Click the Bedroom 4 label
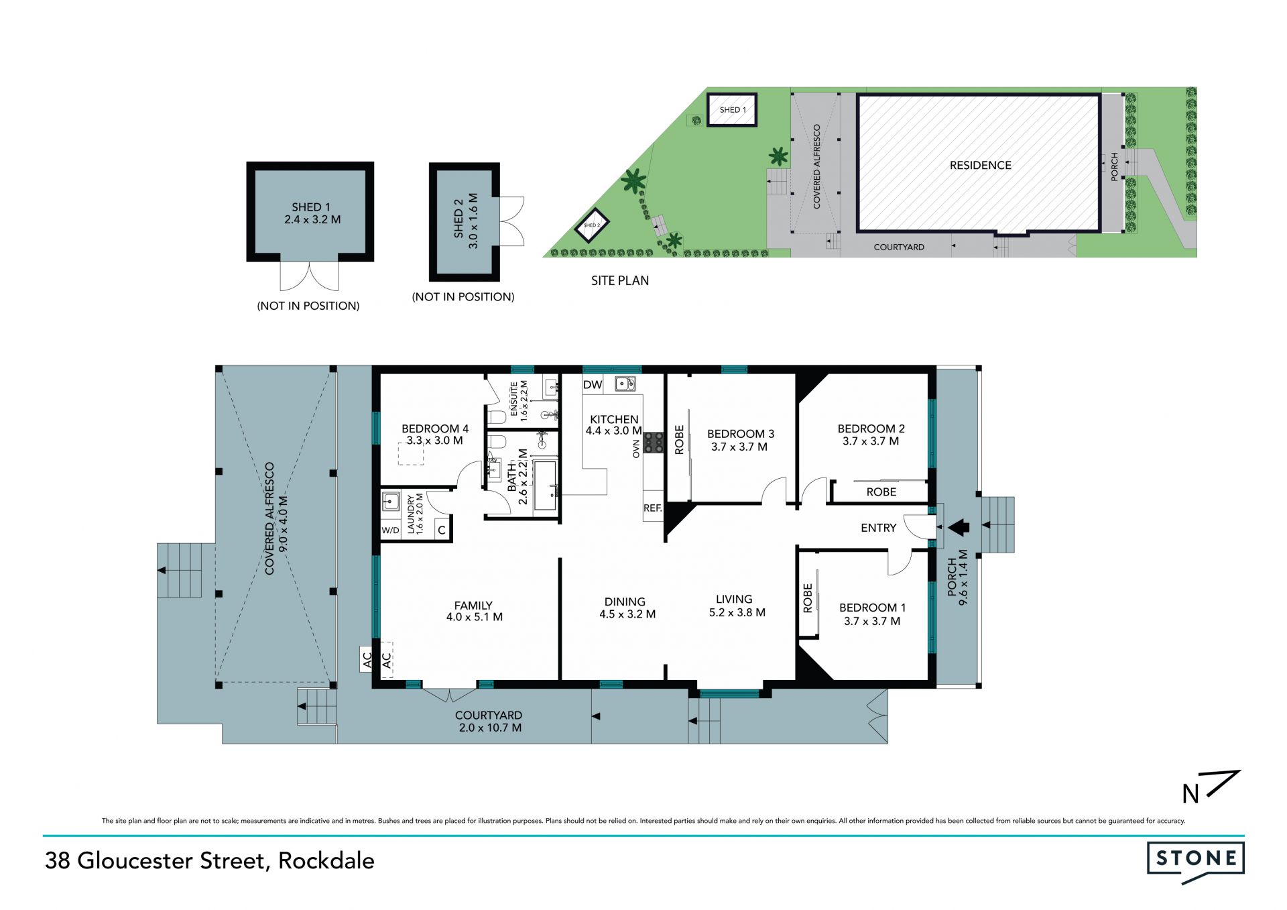435,429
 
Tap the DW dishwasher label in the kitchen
593,385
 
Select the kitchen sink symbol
625,384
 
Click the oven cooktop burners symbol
654,443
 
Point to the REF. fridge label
653,508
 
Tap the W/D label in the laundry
390,530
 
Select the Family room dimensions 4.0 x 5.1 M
475,617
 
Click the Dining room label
625,602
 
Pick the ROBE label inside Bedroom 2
881,492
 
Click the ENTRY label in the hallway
879,528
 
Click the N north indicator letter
1190,794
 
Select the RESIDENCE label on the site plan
981,166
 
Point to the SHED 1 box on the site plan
732,109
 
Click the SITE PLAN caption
620,281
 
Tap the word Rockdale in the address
326,860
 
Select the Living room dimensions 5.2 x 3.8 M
737,612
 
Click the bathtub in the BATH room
545,485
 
